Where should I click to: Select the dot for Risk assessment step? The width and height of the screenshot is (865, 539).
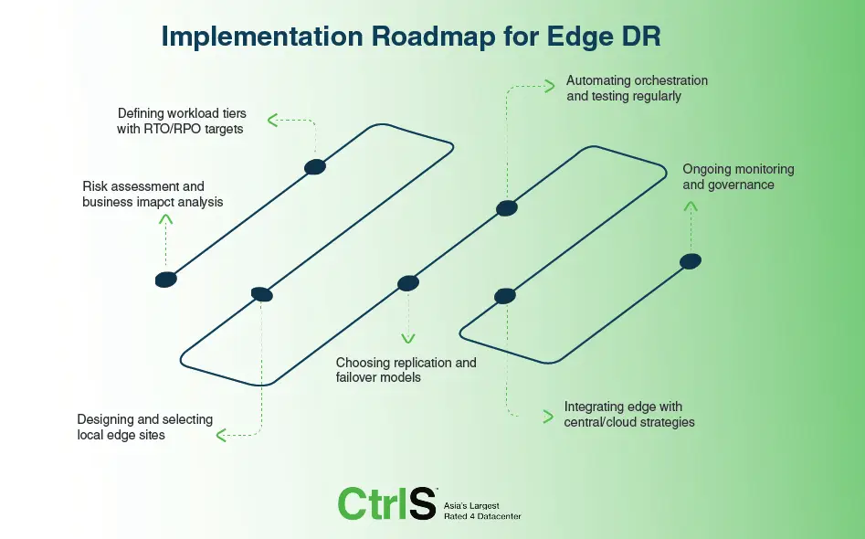165,280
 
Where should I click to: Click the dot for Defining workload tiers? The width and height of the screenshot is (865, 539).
315,166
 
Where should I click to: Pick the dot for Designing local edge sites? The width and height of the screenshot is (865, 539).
261,294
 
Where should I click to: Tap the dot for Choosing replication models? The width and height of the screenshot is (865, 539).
408,283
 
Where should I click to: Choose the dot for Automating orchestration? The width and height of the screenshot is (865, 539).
507,208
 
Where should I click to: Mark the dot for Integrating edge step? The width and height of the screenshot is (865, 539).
505,295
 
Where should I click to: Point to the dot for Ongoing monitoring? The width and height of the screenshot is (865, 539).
691,261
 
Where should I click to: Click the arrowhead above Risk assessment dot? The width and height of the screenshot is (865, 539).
165,219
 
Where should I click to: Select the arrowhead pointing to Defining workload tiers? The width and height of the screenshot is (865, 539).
271,120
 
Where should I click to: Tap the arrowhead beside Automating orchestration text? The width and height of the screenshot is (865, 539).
549,87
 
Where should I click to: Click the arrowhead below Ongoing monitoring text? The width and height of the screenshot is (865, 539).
691,206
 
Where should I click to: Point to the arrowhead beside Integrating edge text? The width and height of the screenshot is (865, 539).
547,417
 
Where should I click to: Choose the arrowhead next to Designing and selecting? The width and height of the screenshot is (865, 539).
221,436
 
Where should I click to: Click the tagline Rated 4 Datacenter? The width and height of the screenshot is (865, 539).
482,516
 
